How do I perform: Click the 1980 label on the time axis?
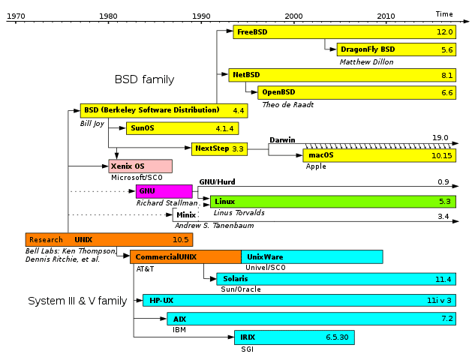pyautogui.click(x=108, y=15)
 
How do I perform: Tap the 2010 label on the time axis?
pyautogui.click(x=386, y=15)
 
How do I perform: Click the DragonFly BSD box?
pyautogui.click(x=395, y=49)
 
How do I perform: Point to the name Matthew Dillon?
pyautogui.click(x=365, y=61)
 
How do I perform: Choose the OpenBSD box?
pyautogui.click(x=356, y=92)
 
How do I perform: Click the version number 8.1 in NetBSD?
pyautogui.click(x=447, y=75)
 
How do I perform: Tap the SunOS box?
pyautogui.click(x=182, y=128)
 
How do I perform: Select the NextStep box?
pyautogui.click(x=219, y=148)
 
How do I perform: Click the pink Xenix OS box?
pyautogui.click(x=140, y=166)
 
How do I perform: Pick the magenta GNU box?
pyautogui.click(x=164, y=190)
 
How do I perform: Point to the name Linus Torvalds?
pyautogui.click(x=239, y=212)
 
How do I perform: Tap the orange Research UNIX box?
pyautogui.click(x=109, y=240)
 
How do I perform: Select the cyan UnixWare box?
pyautogui.click(x=311, y=256)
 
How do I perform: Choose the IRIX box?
pyautogui.click(x=293, y=337)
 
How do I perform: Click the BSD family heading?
pyautogui.click(x=144, y=79)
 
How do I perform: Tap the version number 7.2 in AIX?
pyautogui.click(x=447, y=319)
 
